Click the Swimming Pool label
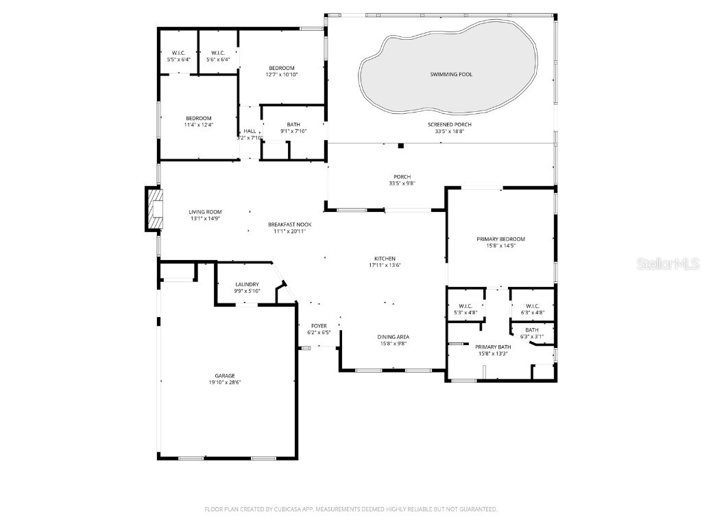(450, 74)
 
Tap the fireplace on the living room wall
(154, 209)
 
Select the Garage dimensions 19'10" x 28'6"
(225, 383)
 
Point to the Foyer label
(319, 326)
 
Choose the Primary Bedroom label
(500, 239)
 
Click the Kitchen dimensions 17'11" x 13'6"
(385, 266)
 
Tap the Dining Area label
(394, 337)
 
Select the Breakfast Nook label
(289, 224)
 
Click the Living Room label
(206, 212)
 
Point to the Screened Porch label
(449, 124)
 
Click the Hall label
(250, 131)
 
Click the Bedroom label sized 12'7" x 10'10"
(281, 68)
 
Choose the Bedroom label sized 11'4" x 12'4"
(199, 118)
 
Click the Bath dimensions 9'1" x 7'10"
(293, 131)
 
